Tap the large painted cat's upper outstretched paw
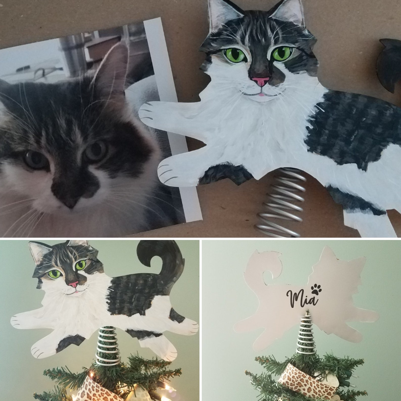click(152, 111)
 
